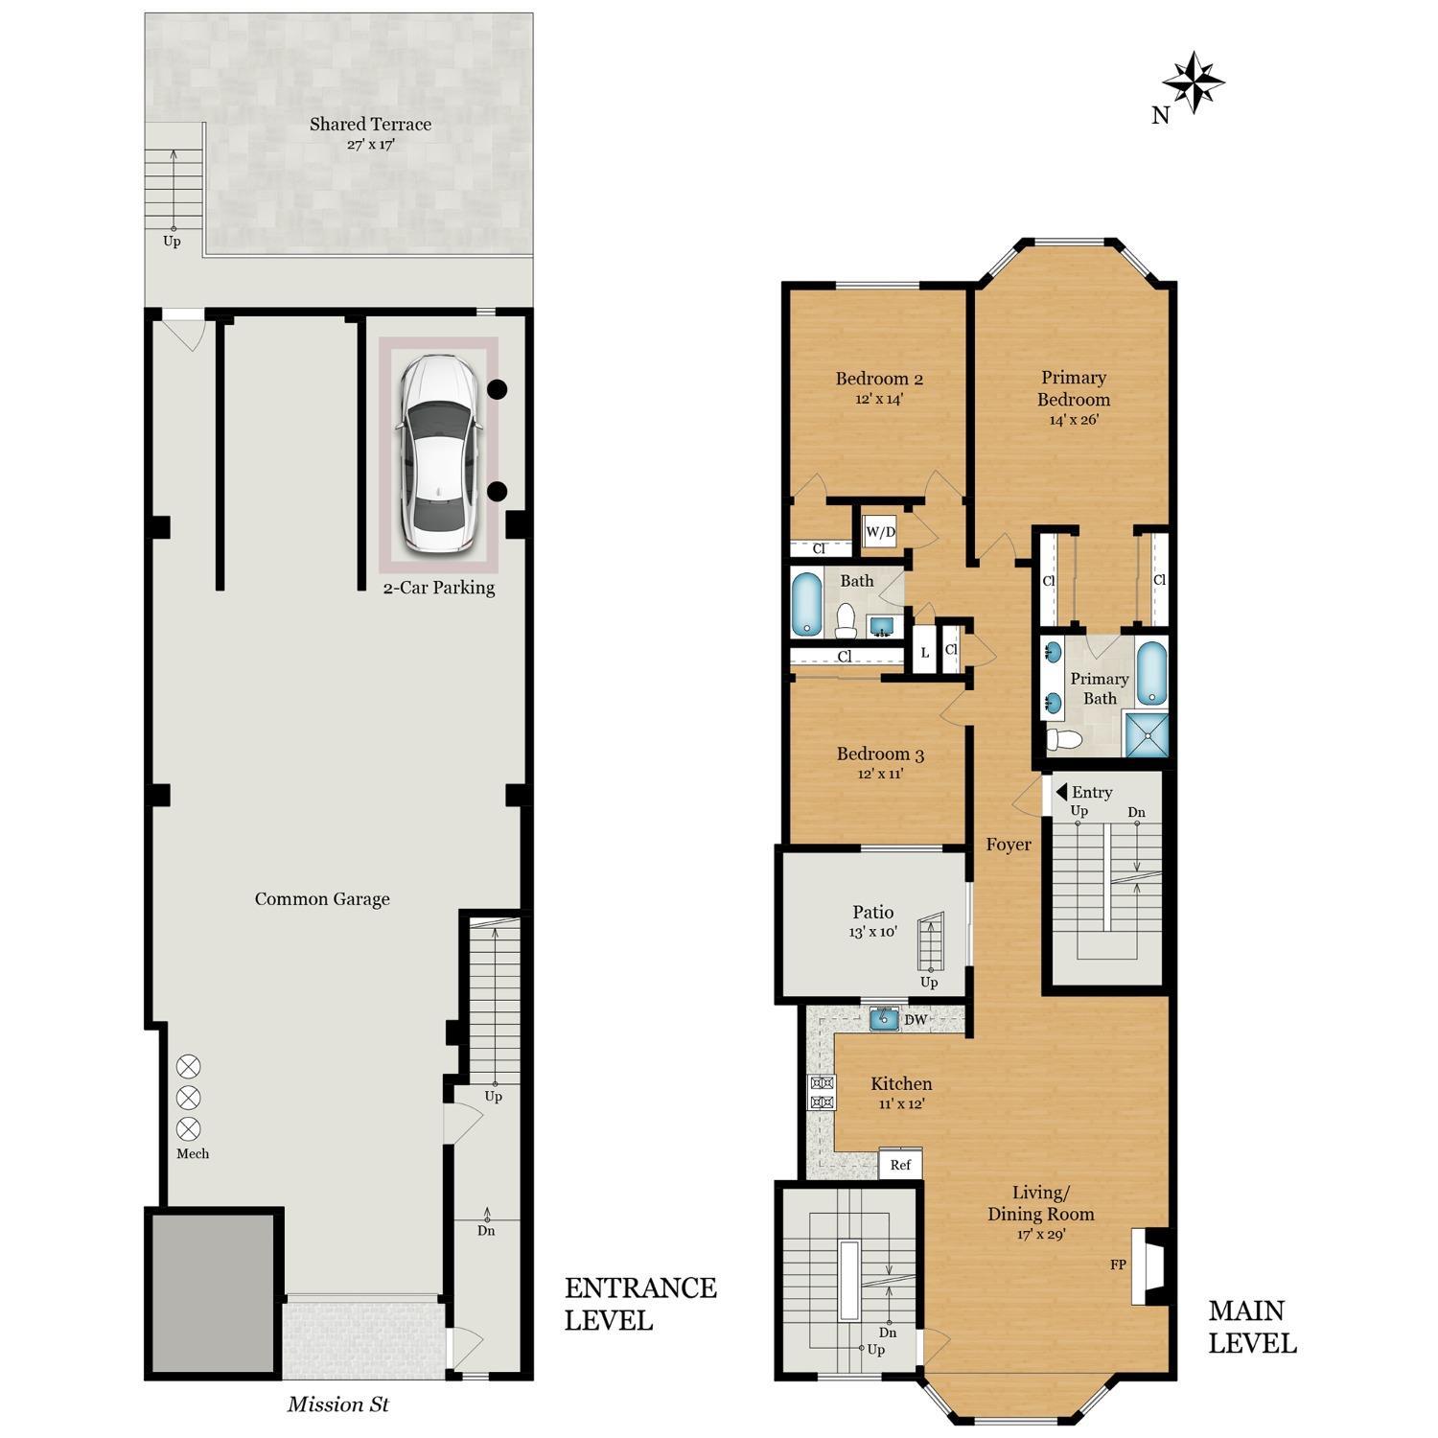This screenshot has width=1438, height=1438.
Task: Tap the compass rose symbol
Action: pos(1193,82)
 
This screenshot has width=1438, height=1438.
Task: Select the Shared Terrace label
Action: pos(370,124)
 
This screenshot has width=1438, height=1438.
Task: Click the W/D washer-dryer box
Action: pos(880,532)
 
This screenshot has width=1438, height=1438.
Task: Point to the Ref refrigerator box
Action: pos(900,1165)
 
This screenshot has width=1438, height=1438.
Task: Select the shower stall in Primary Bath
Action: pos(1147,734)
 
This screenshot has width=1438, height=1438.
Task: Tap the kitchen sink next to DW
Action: pos(883,1019)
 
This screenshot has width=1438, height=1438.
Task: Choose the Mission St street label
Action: pos(338,1404)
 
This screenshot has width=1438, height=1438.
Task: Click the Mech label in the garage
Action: pos(193,1153)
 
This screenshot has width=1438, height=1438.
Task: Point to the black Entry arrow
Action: pos(1061,792)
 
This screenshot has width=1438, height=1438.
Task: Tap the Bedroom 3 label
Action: pos(880,754)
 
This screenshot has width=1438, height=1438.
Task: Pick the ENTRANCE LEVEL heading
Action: pos(639,1303)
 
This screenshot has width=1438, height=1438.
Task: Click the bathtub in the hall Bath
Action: pos(807,604)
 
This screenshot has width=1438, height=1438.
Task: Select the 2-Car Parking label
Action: pos(439,588)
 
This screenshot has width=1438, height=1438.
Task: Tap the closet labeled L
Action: pos(925,653)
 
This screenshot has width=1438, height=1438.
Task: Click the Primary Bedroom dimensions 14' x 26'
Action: pos(1073,420)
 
